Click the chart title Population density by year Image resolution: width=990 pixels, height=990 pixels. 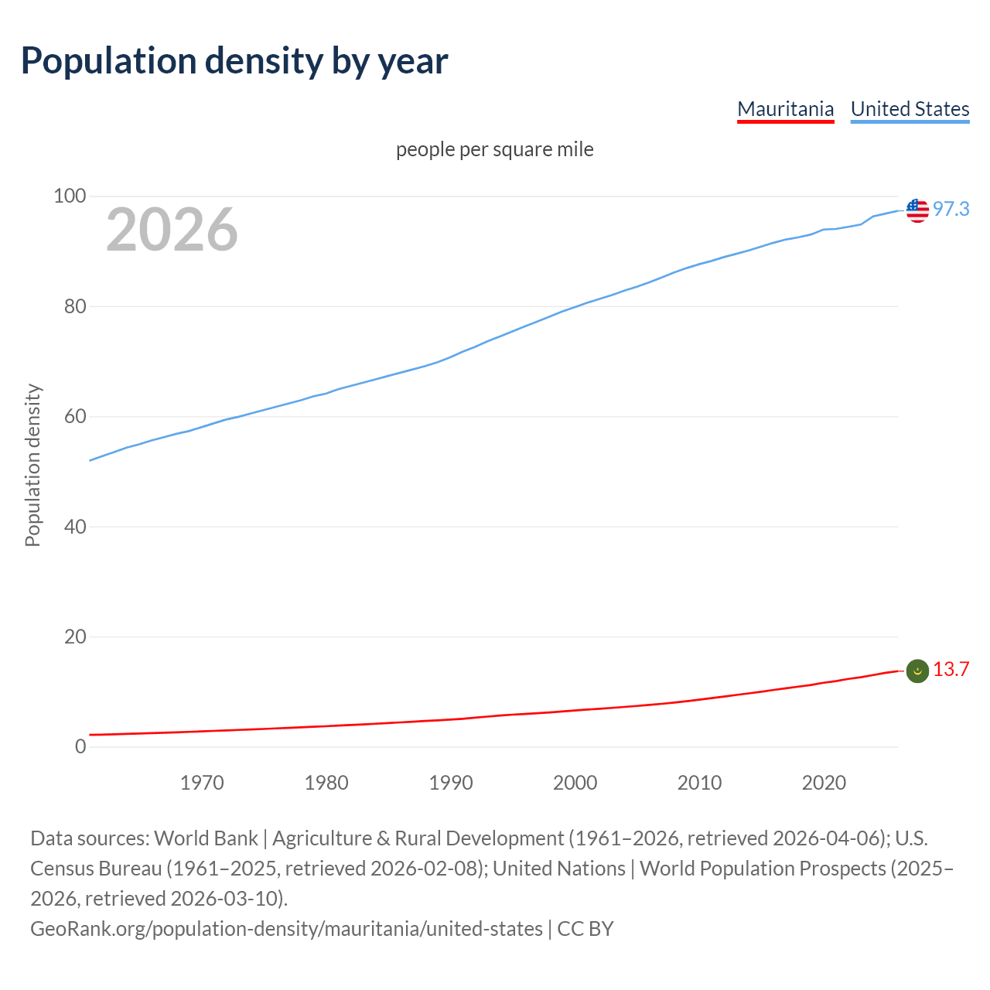234,60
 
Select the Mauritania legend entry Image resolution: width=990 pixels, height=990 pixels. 785,109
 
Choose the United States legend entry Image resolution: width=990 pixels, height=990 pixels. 910,109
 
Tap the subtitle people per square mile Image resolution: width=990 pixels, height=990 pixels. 494,149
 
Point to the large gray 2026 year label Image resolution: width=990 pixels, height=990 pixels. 172,229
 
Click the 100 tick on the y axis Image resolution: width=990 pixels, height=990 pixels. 69,196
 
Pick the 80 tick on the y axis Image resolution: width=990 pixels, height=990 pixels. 74,306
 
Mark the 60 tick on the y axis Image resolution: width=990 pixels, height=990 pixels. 74,417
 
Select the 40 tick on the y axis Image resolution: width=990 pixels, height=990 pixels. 74,527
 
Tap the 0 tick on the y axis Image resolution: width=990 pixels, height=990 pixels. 80,747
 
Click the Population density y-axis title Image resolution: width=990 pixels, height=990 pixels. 32,466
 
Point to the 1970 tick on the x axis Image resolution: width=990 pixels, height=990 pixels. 202,783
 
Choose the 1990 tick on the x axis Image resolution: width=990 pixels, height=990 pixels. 451,783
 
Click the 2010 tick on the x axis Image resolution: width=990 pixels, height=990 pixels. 699,783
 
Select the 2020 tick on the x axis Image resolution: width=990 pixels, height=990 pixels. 824,783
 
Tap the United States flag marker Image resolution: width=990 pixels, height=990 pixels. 917,210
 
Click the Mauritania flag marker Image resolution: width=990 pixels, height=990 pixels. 917,671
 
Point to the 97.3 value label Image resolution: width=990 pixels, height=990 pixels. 951,209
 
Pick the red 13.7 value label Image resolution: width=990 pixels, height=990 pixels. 951,670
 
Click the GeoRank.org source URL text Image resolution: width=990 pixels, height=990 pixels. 286,929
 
